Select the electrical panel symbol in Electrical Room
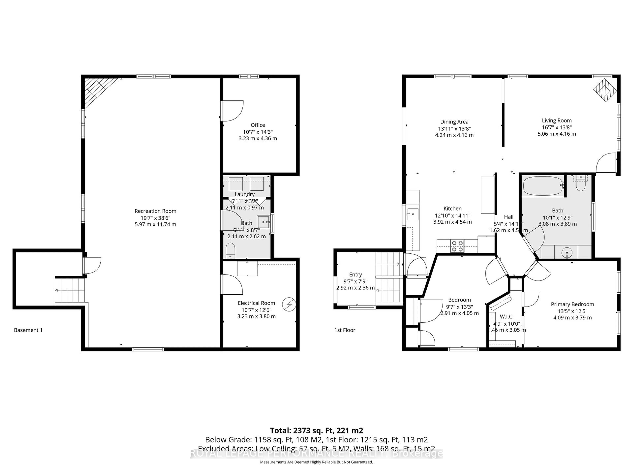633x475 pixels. (x=289, y=304)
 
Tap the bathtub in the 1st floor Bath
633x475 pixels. (x=543, y=186)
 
